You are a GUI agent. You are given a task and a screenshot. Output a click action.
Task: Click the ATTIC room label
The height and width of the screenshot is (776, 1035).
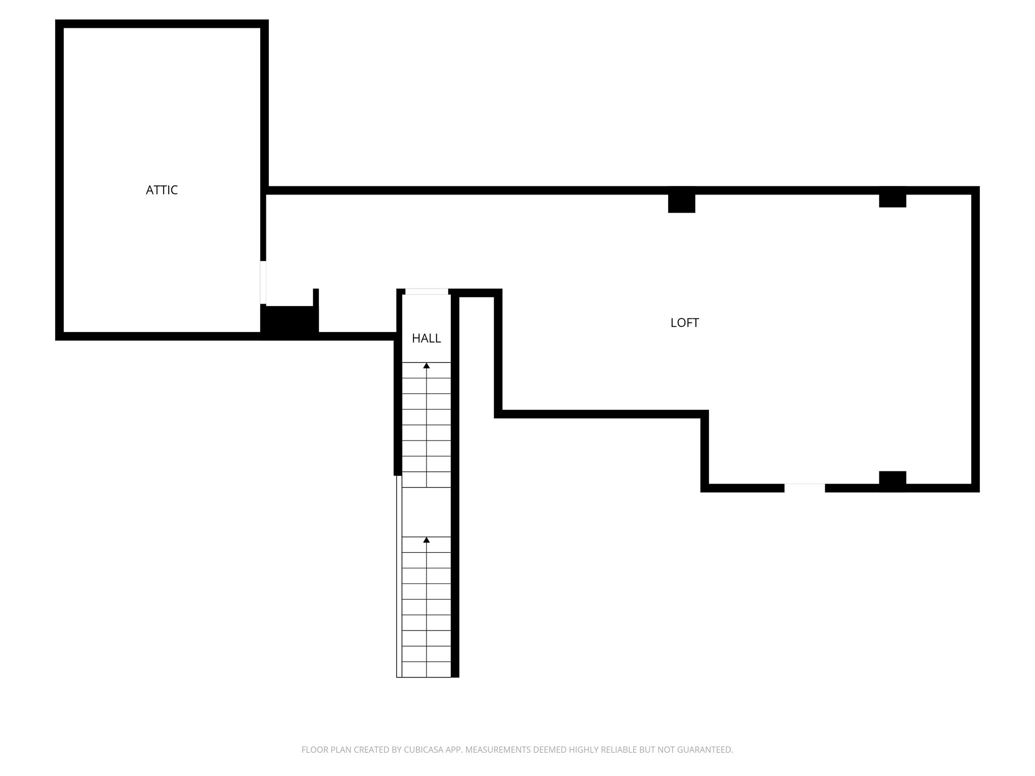pos(162,190)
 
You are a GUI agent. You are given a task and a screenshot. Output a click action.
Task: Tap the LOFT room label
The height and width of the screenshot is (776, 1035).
pos(684,323)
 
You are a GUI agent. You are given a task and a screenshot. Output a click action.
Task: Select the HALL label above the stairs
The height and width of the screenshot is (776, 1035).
pos(426,338)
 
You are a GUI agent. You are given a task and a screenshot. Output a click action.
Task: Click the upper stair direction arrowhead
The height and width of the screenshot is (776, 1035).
pos(427,365)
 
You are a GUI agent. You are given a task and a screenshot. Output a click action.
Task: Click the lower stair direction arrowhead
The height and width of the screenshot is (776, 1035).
pos(427,540)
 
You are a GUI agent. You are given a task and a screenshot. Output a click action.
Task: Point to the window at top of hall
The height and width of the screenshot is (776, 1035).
pos(427,292)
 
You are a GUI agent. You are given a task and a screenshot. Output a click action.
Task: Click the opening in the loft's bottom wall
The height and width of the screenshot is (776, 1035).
pos(804,488)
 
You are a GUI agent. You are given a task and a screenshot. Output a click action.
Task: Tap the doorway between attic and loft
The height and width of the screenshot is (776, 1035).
pos(263,283)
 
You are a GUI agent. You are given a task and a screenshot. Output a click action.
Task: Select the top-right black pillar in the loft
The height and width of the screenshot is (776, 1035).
pos(892,198)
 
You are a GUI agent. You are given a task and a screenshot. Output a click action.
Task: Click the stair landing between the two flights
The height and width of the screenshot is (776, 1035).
pos(427,512)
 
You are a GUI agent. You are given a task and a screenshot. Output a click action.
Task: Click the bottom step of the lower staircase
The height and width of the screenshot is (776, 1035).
pos(427,669)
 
